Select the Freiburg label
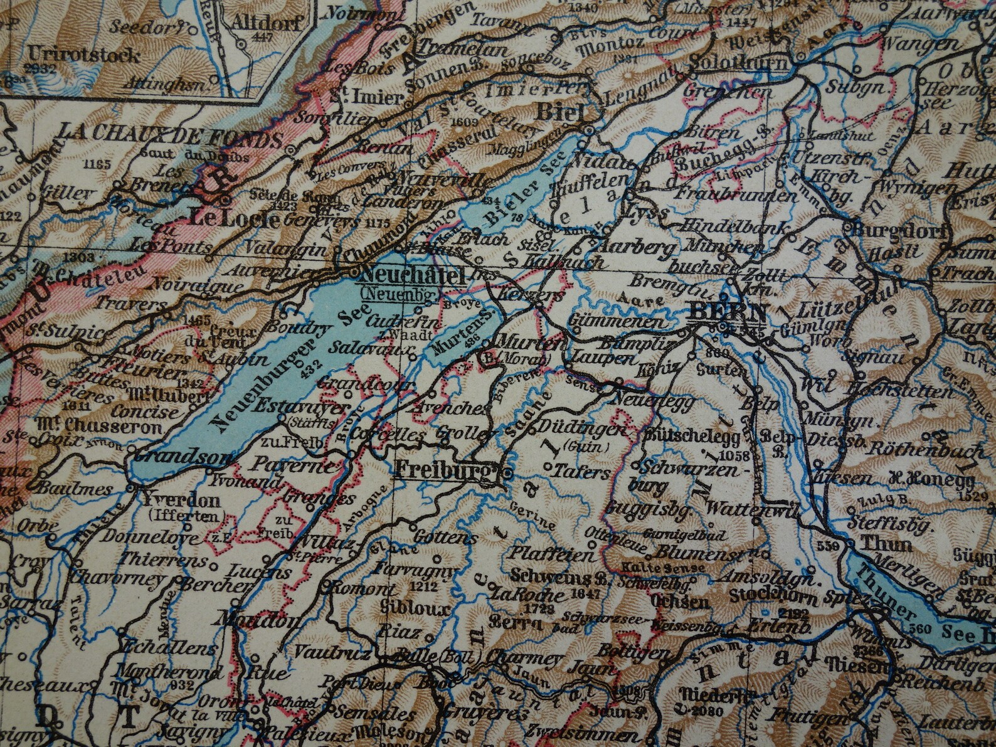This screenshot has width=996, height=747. pyautogui.click(x=442, y=469)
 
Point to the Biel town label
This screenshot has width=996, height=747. pyautogui.click(x=560, y=113)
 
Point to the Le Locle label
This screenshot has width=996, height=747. pyautogui.click(x=233, y=218)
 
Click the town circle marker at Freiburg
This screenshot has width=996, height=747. pyautogui.click(x=507, y=471)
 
